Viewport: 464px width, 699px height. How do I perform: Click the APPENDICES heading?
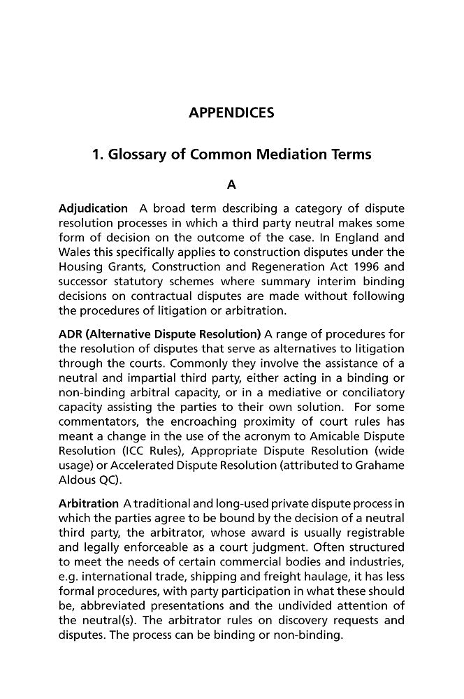tap(231, 113)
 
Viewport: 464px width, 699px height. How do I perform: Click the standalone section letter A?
tap(232, 185)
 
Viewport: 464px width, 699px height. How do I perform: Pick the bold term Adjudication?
tap(93, 208)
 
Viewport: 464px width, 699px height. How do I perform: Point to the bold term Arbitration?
tap(89, 503)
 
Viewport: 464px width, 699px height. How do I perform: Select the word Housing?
tap(81, 266)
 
